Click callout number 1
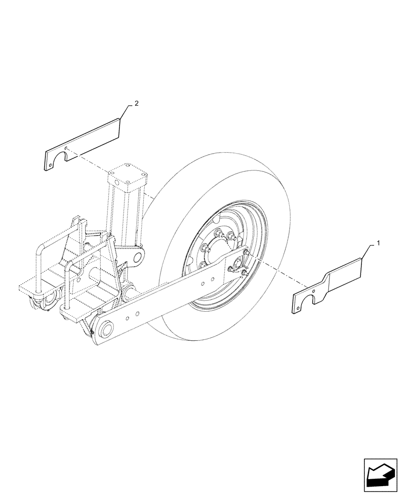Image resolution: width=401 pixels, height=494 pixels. (378, 243)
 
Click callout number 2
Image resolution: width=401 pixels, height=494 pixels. (137, 104)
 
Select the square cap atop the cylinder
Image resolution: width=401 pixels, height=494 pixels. (128, 178)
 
